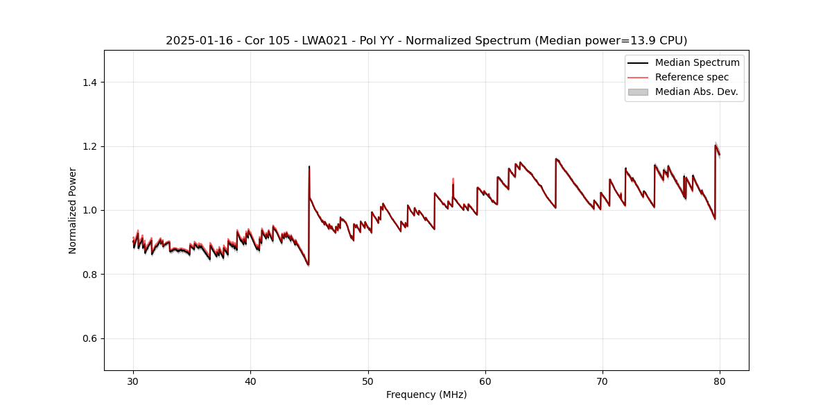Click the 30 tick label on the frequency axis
pos(133,381)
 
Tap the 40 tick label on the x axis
pos(250,381)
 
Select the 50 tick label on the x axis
pos(368,381)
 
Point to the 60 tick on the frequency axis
pos(485,381)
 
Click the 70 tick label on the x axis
pos(603,381)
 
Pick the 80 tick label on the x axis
pos(720,381)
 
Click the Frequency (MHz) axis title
pos(426,395)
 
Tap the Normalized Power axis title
pos(73,210)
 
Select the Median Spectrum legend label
pos(697,62)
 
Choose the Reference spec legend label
pos(691,77)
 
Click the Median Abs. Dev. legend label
pos(696,92)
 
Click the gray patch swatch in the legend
pos(638,92)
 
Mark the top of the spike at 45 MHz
pos(309,166)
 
